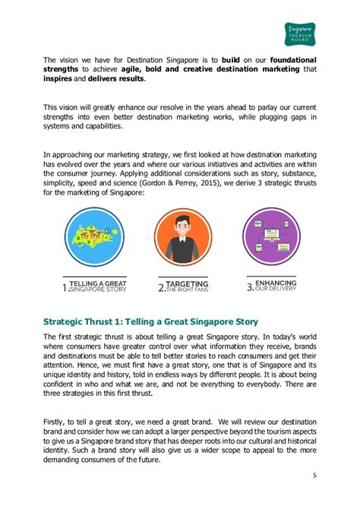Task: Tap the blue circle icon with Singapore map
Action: (94, 236)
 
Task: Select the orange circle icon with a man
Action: (183, 236)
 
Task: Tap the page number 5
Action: (314, 476)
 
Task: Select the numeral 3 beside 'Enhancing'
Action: (250, 286)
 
